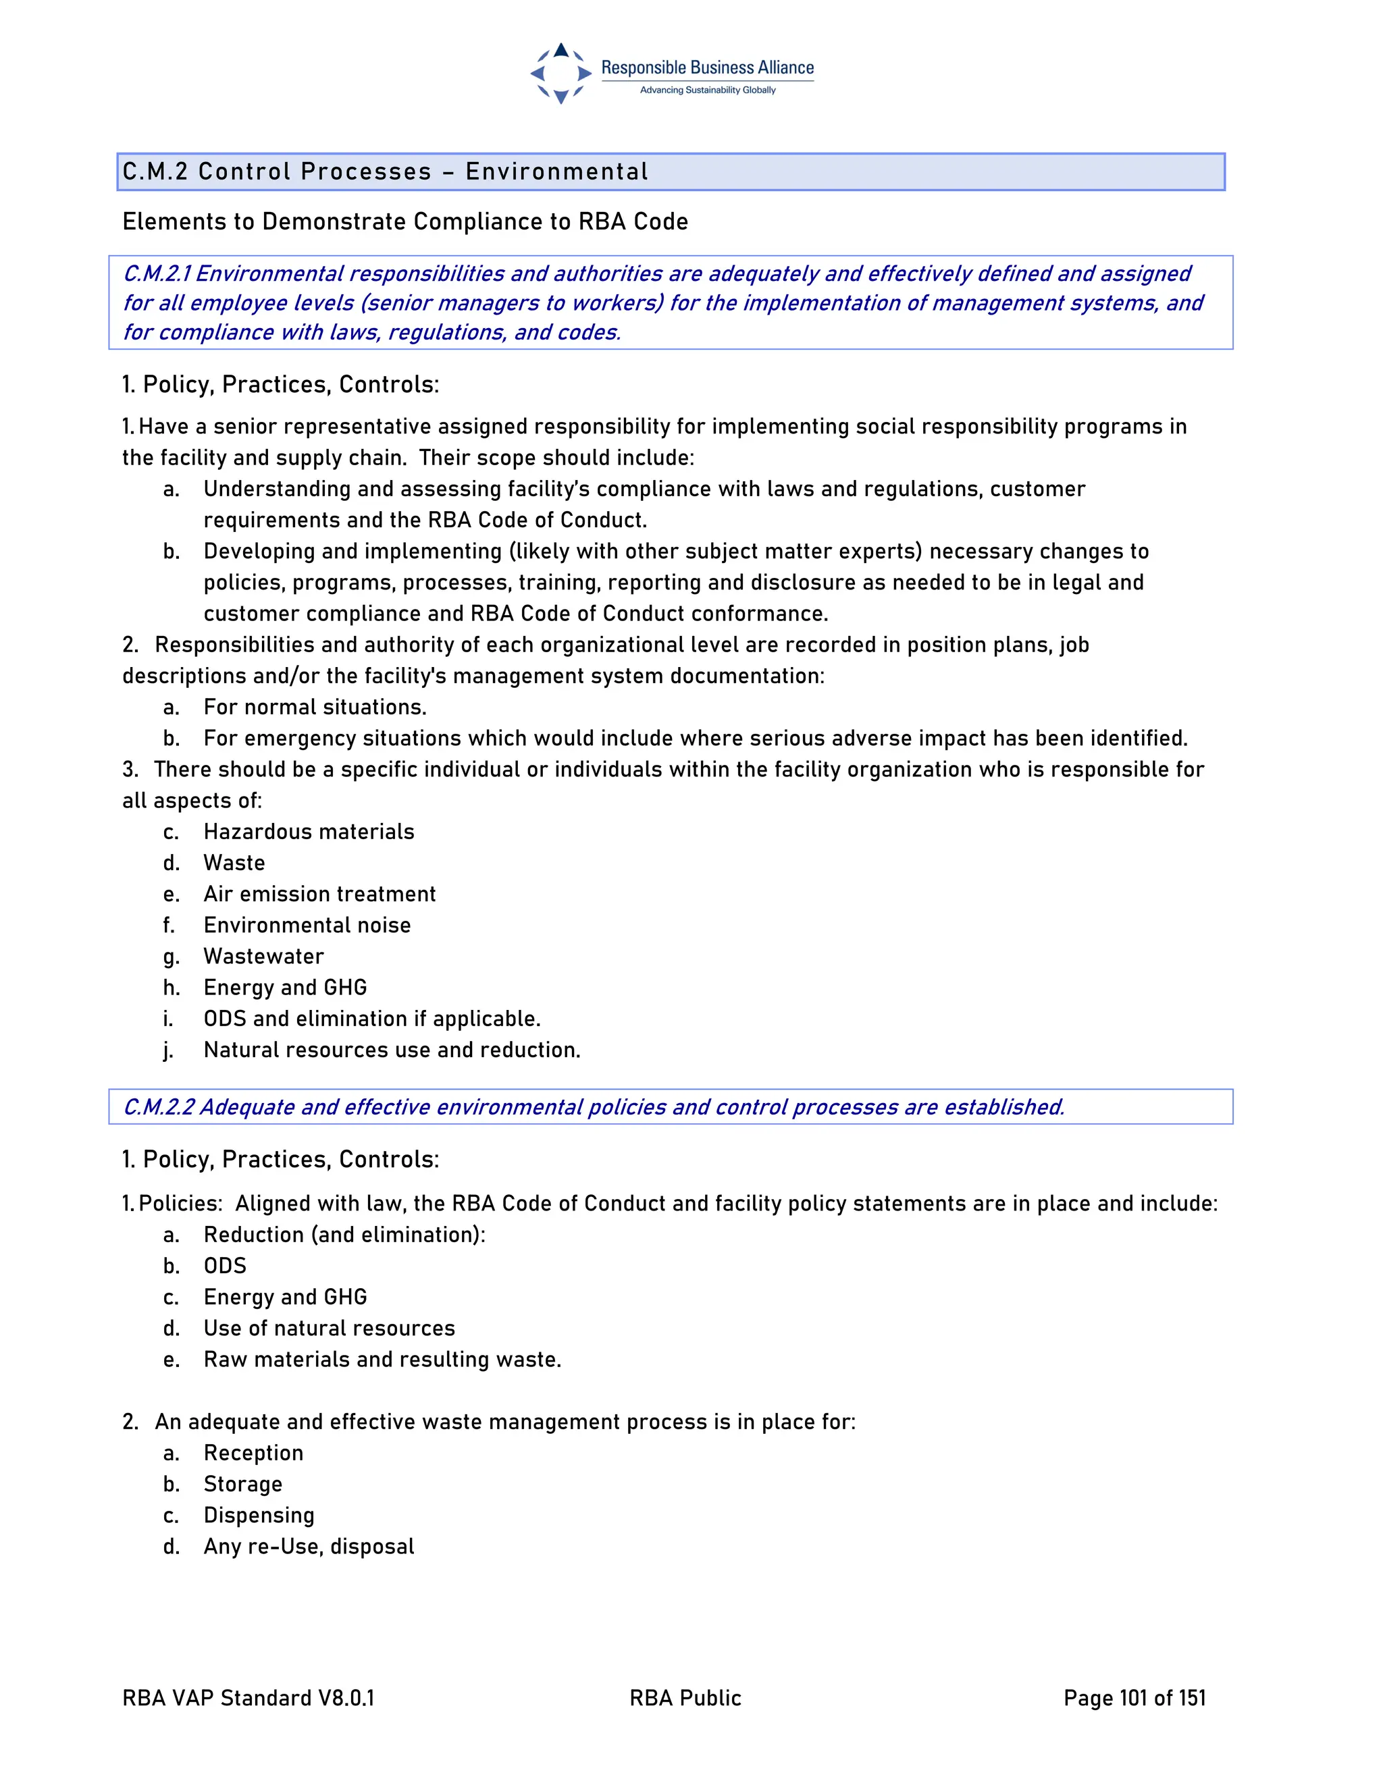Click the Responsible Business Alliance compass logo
coord(560,74)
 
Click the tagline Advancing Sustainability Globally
coord(707,90)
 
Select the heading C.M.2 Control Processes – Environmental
coord(385,172)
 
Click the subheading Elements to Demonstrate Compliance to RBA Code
coord(405,222)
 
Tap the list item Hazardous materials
coord(309,832)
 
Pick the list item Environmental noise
coord(307,925)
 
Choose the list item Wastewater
coord(264,956)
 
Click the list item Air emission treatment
coord(319,894)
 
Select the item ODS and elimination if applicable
coord(372,1018)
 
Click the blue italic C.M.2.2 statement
coord(593,1106)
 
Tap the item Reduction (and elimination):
coord(344,1235)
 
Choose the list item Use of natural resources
coord(330,1328)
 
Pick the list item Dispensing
coord(259,1515)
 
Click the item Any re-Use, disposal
coord(309,1546)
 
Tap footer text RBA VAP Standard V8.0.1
coord(249,1698)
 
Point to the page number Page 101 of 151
coord(1134,1698)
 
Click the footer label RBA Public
coord(685,1698)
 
